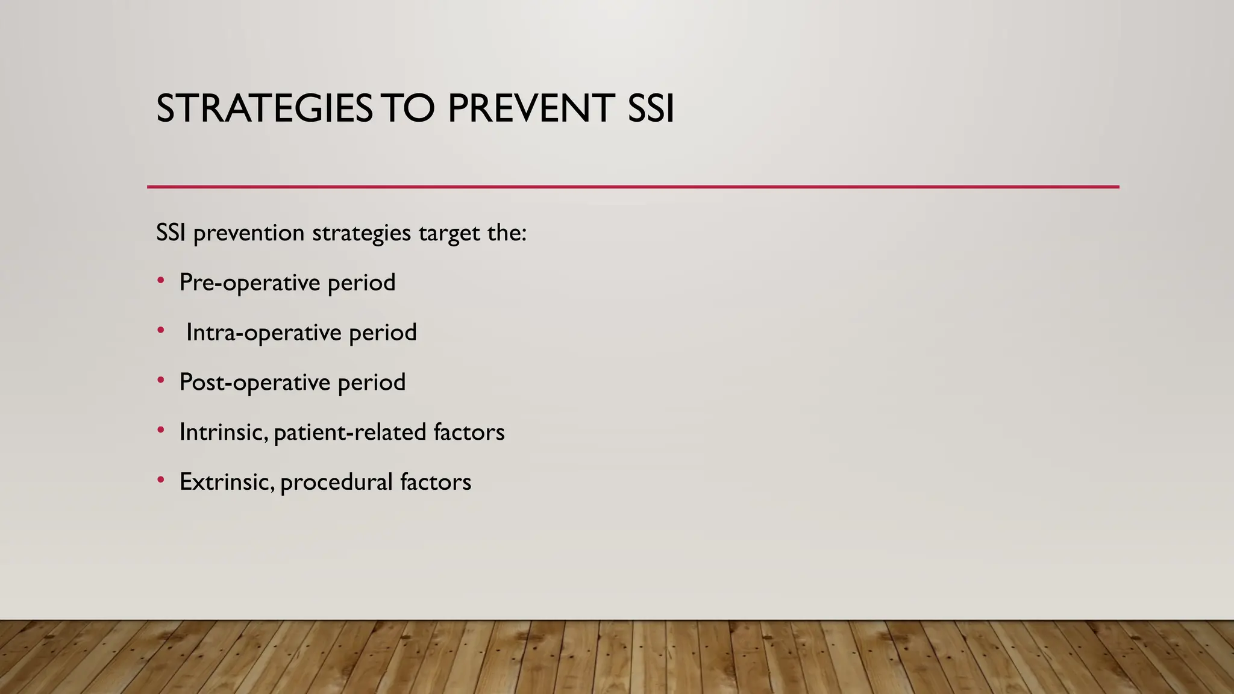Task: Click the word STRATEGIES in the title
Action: (264, 109)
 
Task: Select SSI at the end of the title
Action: (651, 109)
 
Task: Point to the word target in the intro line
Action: (446, 233)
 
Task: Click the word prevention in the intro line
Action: (249, 233)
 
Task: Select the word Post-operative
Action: (255, 383)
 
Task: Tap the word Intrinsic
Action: (223, 432)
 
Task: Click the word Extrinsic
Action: (227, 482)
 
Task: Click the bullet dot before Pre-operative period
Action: (160, 281)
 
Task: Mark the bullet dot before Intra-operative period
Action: (160, 331)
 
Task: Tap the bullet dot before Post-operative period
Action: (160, 381)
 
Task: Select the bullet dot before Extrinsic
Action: (160, 480)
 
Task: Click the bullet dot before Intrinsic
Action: (160, 430)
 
